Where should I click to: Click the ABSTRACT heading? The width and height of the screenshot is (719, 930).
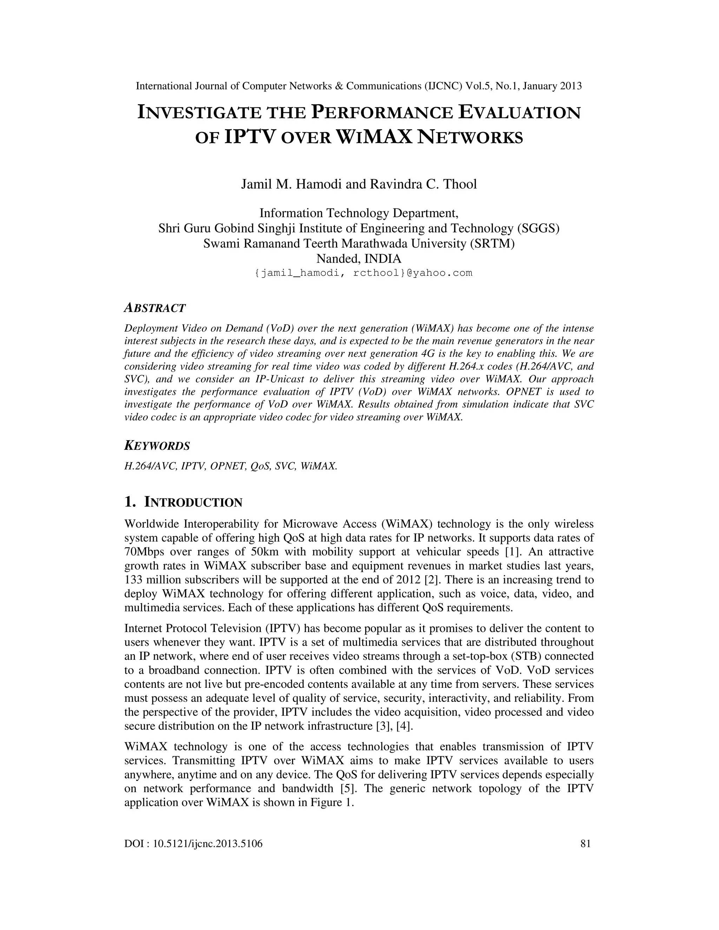pos(154,308)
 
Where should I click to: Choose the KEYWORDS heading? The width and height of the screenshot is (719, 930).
pos(157,446)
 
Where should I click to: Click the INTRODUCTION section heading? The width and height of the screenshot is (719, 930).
pos(193,503)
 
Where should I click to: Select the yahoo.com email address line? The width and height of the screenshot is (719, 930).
pos(363,273)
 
